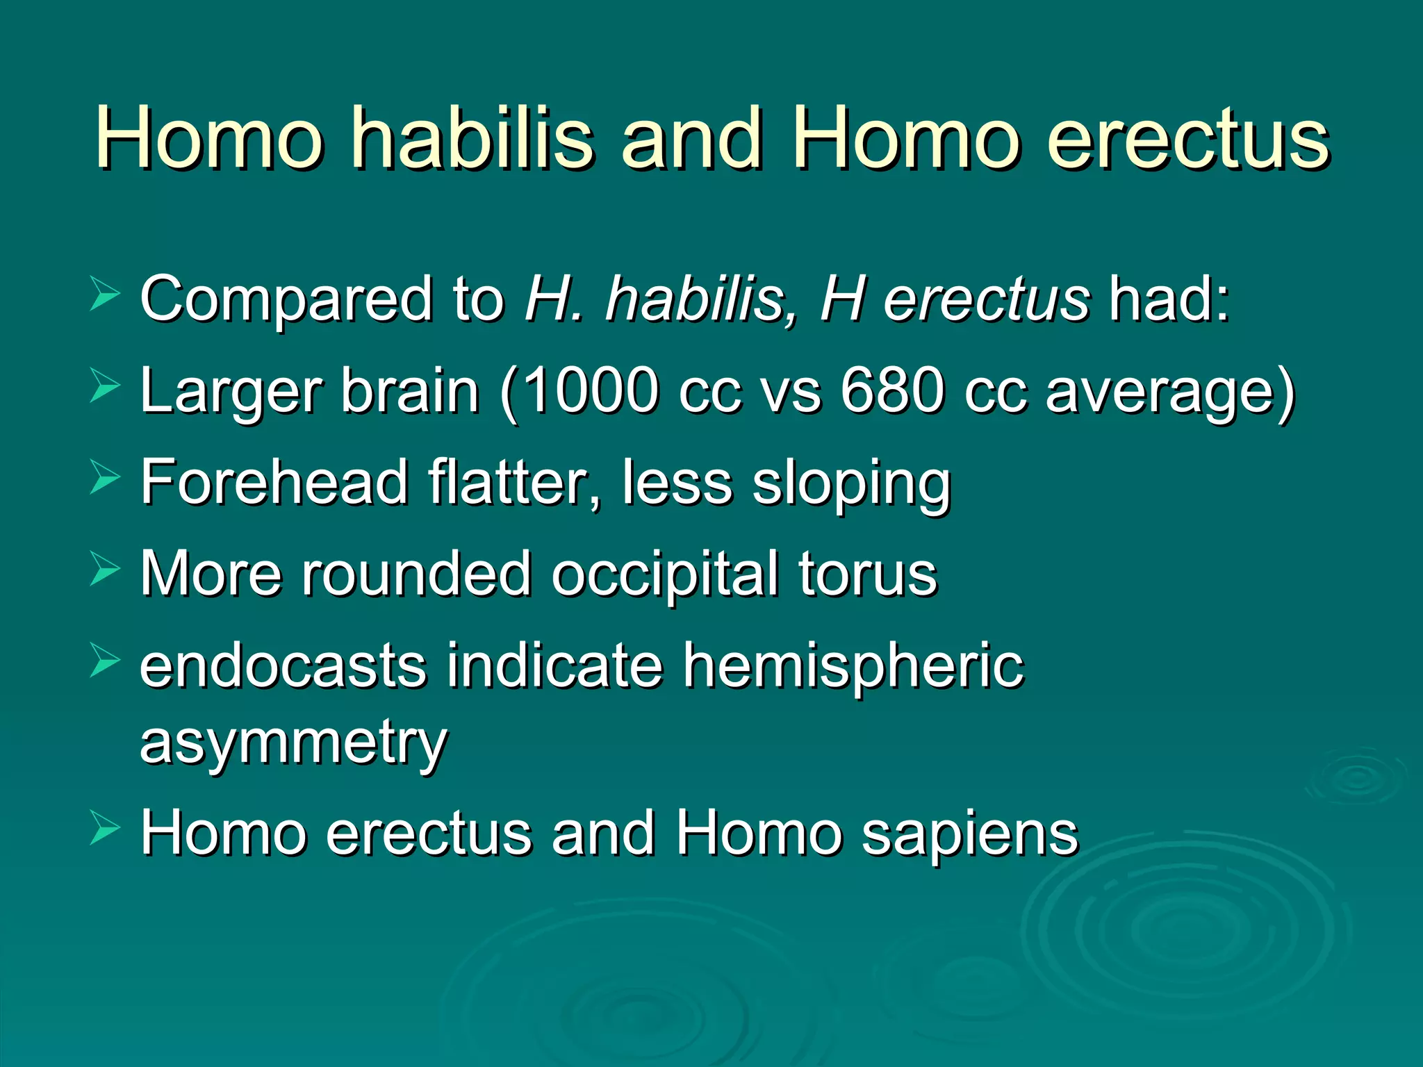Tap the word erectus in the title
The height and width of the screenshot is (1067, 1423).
pos(1188,139)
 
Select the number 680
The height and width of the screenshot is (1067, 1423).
pos(892,390)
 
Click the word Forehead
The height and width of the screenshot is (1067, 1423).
pos(274,482)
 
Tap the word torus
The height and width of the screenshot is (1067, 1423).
pos(868,575)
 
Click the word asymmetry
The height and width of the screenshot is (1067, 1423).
pos(293,743)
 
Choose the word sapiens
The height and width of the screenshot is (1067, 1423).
pos(970,834)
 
